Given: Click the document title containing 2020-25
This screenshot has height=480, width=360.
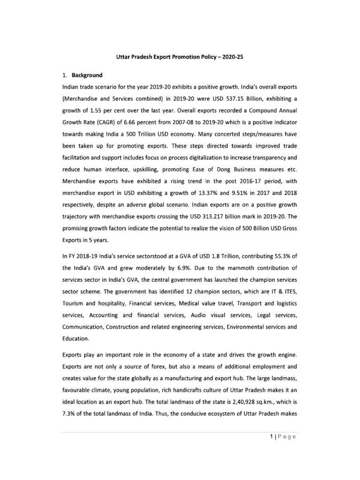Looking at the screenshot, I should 180,57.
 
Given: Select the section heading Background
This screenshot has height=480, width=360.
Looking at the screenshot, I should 87,75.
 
